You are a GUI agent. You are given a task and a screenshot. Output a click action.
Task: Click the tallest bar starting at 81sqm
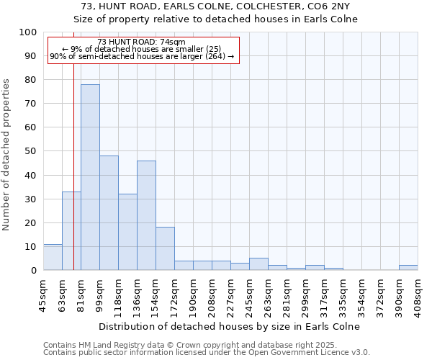(x=90, y=177)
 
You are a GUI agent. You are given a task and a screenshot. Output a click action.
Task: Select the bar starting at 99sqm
(x=109, y=213)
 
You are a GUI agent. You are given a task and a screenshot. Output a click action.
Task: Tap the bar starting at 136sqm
(x=146, y=215)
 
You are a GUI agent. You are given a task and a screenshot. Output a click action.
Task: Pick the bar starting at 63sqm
(x=71, y=230)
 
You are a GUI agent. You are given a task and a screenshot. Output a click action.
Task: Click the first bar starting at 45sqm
(x=53, y=257)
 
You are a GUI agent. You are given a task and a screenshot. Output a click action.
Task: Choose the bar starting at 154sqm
(x=165, y=248)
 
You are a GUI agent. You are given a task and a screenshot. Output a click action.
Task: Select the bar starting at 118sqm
(x=127, y=232)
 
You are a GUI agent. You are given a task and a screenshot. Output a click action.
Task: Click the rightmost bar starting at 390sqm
(x=408, y=268)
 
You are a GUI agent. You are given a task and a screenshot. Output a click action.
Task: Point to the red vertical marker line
(x=73, y=180)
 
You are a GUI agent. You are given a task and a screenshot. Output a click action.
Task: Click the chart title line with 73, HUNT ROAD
(x=215, y=6)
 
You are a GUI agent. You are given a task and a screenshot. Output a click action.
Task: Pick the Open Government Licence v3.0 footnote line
(x=207, y=353)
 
